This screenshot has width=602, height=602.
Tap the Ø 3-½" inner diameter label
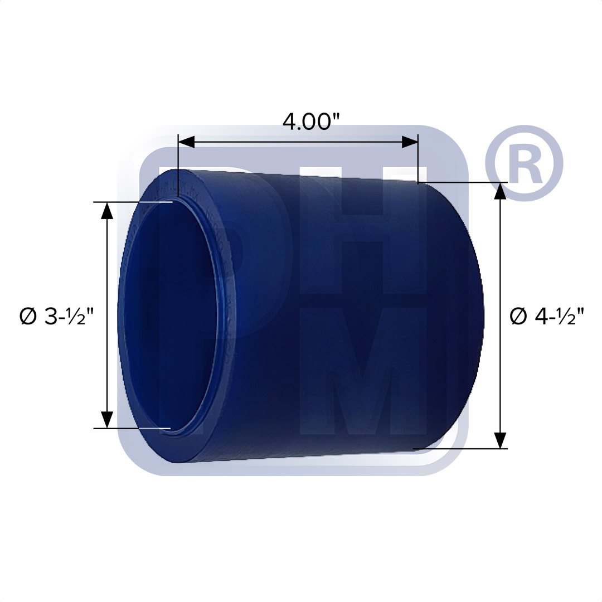[55, 317]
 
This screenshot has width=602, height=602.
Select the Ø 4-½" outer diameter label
[547, 317]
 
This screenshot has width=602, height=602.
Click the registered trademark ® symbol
[524, 163]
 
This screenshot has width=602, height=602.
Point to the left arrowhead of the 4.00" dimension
[186, 142]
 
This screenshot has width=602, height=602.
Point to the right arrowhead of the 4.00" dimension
[410, 142]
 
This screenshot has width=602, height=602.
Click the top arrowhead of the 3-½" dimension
[107, 210]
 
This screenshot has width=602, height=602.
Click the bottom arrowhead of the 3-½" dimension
[107, 420]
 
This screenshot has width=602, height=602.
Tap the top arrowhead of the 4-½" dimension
[501, 191]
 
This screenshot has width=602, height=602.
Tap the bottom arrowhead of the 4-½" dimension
[501, 440]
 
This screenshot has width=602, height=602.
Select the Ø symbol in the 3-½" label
[27, 317]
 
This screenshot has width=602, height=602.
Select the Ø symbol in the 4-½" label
[518, 317]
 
